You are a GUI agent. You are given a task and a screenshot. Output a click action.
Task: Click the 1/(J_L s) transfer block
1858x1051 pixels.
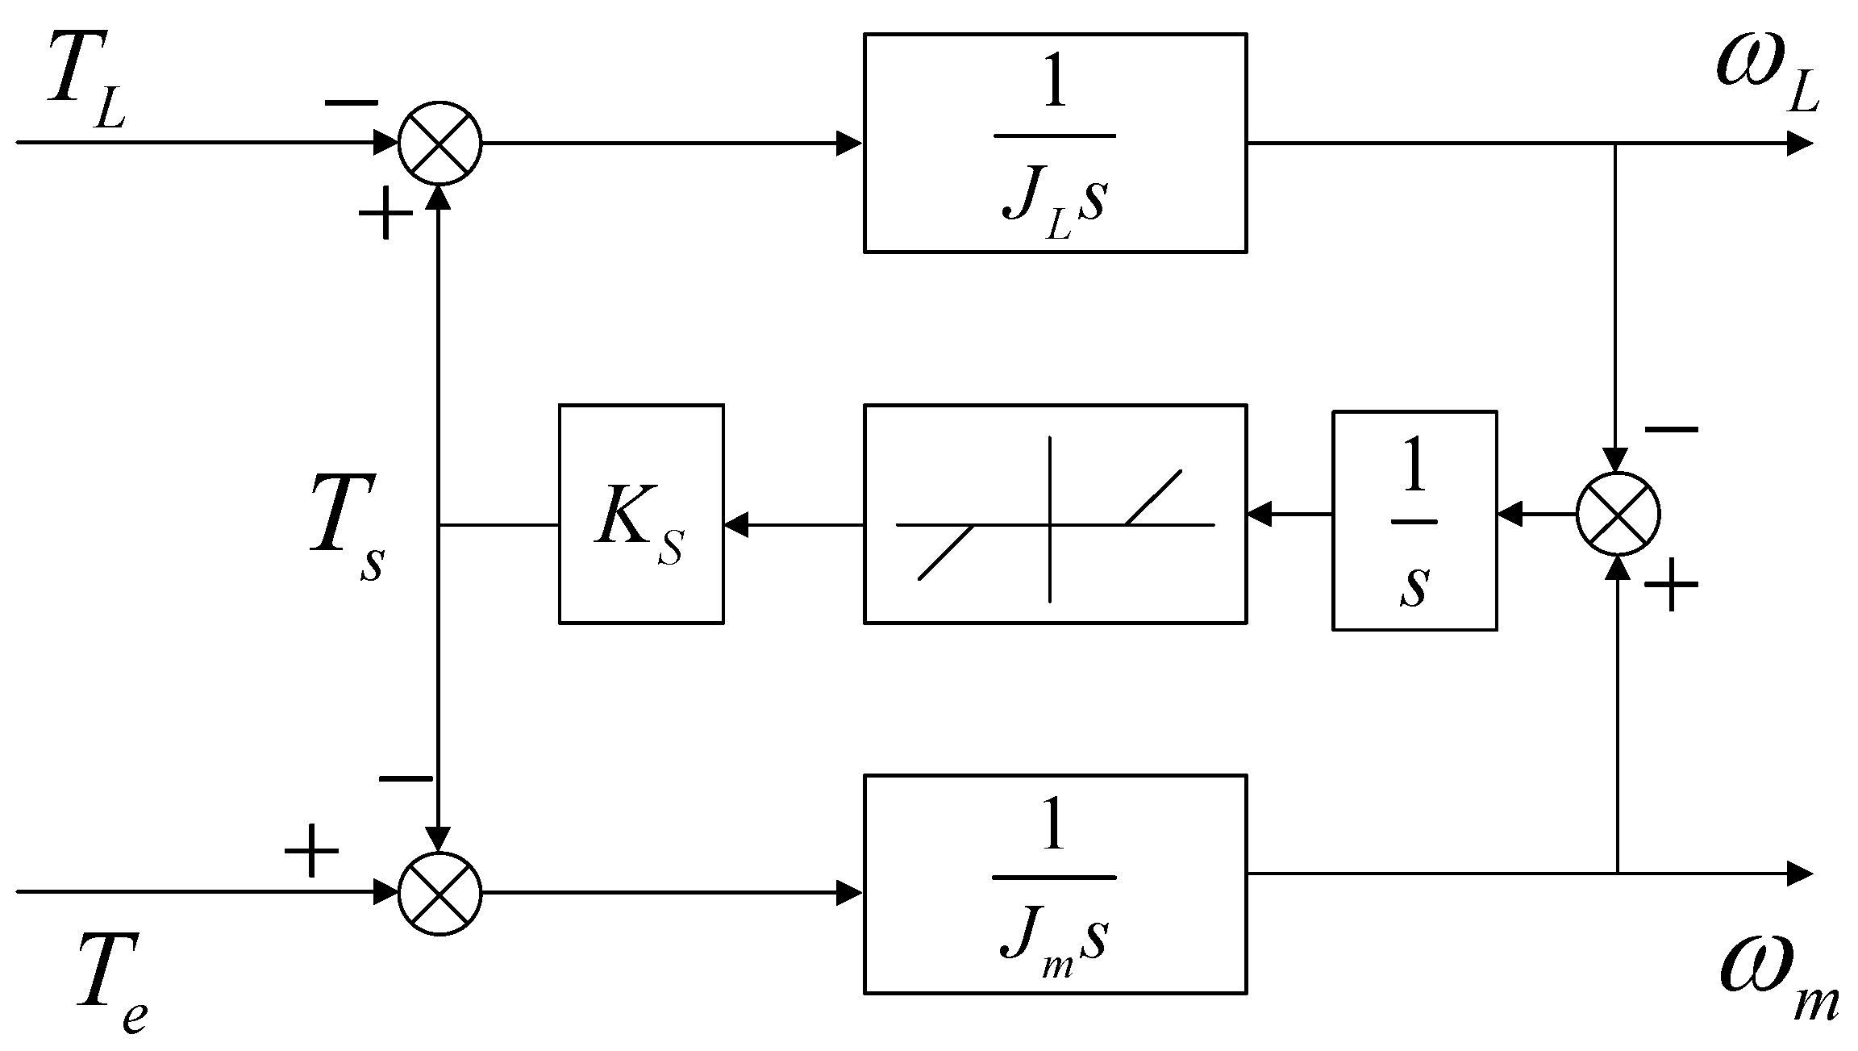(1055, 144)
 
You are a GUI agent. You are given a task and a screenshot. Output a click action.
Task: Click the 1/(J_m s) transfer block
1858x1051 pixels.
(1055, 884)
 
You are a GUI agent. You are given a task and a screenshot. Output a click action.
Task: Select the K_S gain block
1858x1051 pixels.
(640, 514)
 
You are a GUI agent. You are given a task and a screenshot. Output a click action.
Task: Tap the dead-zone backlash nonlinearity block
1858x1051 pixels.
(1055, 514)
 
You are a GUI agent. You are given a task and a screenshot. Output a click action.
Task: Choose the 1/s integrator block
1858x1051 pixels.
(1414, 520)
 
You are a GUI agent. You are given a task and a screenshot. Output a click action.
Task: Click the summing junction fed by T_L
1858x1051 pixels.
(440, 144)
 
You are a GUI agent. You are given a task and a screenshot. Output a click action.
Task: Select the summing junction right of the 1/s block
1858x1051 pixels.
(1617, 514)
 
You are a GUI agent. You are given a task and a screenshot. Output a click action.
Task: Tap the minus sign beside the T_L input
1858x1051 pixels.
(352, 103)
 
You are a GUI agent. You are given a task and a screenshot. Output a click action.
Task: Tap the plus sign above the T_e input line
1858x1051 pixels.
(311, 852)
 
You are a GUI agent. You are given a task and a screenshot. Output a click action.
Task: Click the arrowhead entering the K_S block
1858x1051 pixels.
(735, 526)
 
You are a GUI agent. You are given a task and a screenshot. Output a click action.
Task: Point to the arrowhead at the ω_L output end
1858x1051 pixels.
(1800, 144)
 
